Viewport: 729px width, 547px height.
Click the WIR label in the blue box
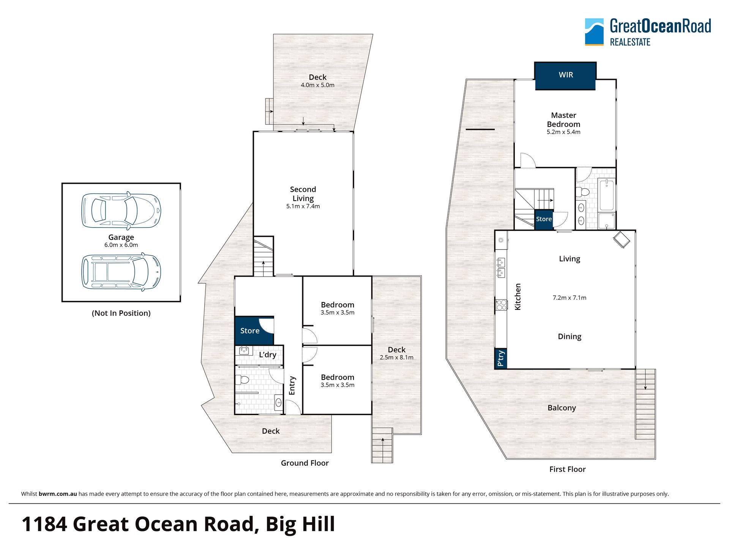point(566,75)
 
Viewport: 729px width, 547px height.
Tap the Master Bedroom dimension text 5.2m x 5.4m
point(563,132)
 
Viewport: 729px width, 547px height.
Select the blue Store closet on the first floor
point(544,220)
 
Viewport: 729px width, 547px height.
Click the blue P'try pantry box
point(501,358)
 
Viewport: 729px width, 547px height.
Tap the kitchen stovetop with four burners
point(501,305)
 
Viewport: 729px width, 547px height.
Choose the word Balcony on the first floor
point(562,408)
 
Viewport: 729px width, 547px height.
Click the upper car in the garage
point(121,211)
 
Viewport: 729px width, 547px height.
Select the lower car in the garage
point(121,272)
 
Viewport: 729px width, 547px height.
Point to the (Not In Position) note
point(121,313)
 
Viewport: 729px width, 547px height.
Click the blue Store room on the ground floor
point(254,330)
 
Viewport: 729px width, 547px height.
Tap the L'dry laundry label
point(268,355)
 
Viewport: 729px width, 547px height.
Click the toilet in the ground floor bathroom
point(242,379)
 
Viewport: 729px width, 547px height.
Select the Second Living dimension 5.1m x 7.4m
point(303,206)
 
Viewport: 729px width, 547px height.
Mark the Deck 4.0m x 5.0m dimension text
point(317,85)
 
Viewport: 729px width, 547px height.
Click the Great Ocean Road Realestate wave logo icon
point(594,32)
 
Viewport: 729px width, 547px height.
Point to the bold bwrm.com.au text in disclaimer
point(58,494)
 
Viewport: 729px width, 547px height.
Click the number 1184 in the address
point(44,524)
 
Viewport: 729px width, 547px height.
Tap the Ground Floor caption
point(305,463)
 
